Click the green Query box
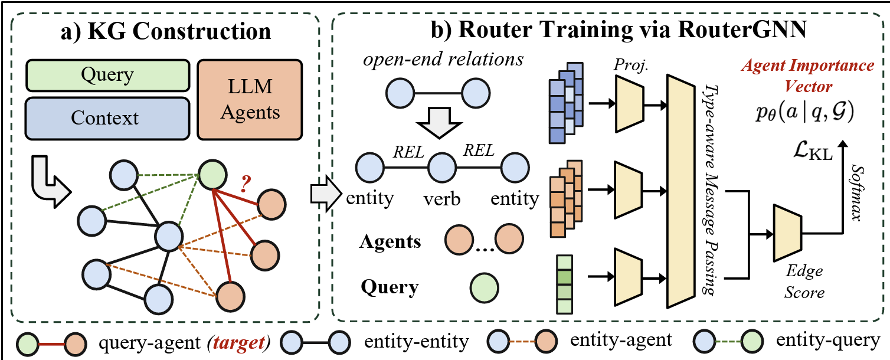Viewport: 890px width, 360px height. [x=107, y=76]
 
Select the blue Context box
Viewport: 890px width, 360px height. [x=107, y=118]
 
